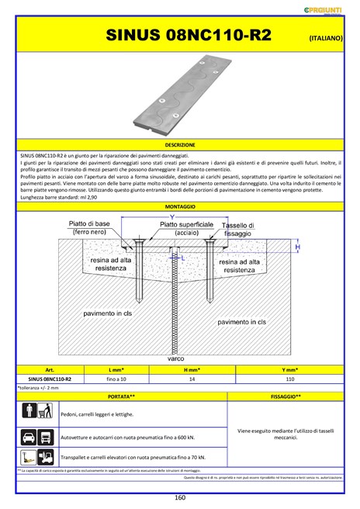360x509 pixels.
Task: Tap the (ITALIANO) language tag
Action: tap(325, 37)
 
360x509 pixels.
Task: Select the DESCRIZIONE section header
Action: tap(180, 145)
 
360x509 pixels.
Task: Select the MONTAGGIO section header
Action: tap(180, 207)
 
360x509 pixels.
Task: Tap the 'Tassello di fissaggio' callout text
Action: tap(237, 228)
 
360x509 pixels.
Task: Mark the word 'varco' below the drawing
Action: tap(175, 359)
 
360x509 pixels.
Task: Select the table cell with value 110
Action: tap(289, 379)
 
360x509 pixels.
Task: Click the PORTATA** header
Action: tap(122, 396)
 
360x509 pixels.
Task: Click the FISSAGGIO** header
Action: tap(286, 396)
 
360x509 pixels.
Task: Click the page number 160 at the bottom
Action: tap(180, 497)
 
